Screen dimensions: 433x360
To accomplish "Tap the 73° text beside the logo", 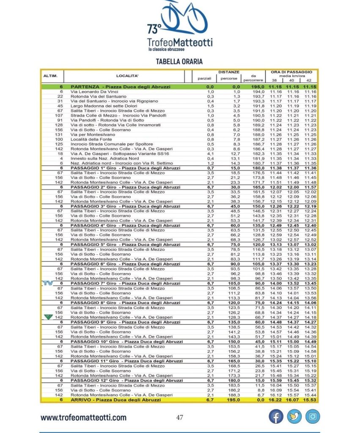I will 154,29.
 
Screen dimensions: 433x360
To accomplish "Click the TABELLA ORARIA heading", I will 179,61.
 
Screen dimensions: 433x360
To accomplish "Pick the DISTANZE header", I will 229,72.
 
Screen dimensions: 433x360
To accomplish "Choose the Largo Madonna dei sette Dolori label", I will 102,106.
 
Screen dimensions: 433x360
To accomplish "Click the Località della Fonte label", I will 88,139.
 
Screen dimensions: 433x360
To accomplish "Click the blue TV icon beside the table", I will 47,283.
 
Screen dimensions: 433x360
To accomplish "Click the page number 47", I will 179,418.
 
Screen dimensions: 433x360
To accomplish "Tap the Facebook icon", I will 276,417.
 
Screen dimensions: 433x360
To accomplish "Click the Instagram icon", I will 312,417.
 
